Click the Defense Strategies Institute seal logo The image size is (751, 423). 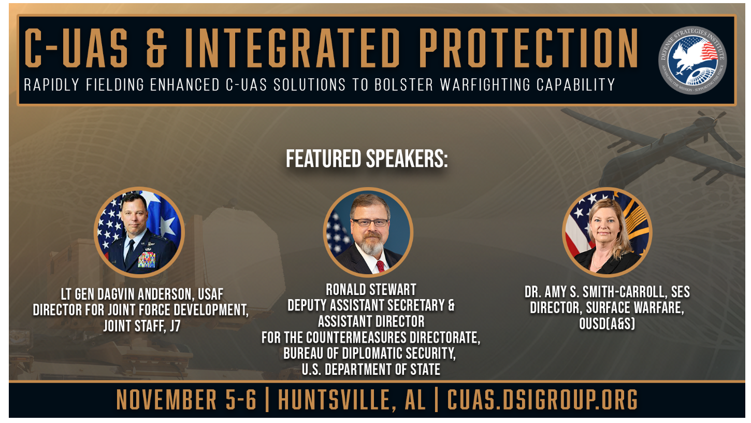point(692,60)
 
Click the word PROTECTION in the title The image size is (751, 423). point(528,48)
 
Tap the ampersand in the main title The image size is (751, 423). point(156,48)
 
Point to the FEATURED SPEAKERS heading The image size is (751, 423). point(367,159)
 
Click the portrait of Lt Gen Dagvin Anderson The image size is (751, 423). point(139,232)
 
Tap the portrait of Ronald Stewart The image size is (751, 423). point(368,232)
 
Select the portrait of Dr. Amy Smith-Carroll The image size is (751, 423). point(607,232)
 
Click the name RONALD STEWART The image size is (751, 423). point(371,290)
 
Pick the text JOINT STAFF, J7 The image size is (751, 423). point(142,326)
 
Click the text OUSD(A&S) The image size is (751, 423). point(607,323)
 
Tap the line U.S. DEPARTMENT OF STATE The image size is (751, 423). point(371,370)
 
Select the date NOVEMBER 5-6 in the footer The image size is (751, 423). point(186,400)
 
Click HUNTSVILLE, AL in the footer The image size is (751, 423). point(352,400)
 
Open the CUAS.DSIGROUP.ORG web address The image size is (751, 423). point(542,400)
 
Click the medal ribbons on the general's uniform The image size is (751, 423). point(147,260)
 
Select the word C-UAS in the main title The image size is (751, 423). point(76,48)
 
